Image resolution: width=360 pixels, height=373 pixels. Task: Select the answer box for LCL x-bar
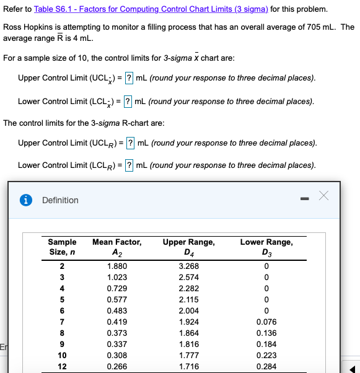pyautogui.click(x=128, y=101)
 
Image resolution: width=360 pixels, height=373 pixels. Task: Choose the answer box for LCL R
pyautogui.click(x=128, y=165)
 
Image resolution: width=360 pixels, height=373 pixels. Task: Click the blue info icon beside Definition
pyautogui.click(x=27, y=200)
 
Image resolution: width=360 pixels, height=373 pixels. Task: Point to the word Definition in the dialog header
pyautogui.click(x=60, y=200)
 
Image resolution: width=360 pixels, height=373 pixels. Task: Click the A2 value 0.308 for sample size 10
pyautogui.click(x=116, y=356)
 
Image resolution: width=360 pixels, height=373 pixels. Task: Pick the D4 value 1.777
pyautogui.click(x=188, y=356)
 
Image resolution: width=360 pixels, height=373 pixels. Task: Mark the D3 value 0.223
pyautogui.click(x=266, y=356)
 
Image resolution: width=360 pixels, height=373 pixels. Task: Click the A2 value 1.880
pyautogui.click(x=116, y=266)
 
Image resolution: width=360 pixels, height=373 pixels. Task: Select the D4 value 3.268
pyautogui.click(x=188, y=266)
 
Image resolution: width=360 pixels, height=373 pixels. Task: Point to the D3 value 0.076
pyautogui.click(x=266, y=322)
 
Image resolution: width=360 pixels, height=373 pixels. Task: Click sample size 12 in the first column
pyautogui.click(x=62, y=367)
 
